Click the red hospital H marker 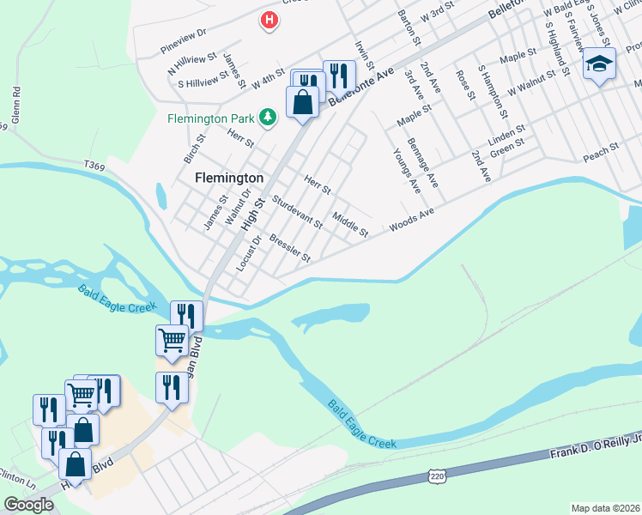pos(270,20)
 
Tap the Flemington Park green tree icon pos(268,117)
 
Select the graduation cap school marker pos(599,64)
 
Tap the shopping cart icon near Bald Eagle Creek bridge pos(172,340)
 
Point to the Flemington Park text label pos(211,118)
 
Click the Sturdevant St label pos(296,212)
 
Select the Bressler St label pos(289,247)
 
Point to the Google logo pos(29,504)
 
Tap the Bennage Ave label pos(422,162)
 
